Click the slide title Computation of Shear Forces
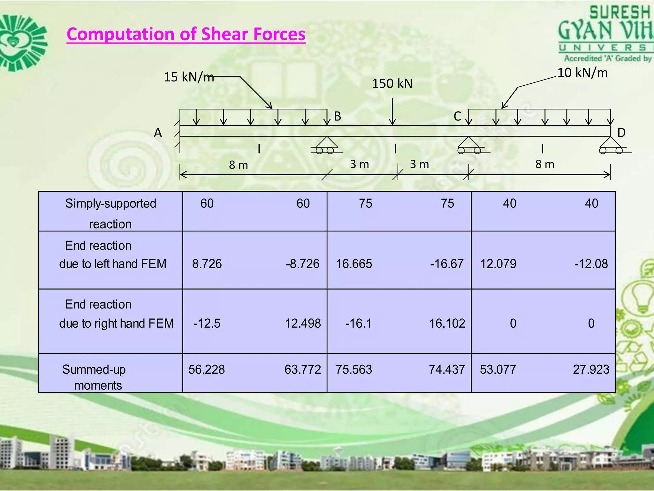pos(186,34)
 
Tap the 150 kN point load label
pos(392,84)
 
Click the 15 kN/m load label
pos(188,77)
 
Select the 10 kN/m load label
pos(582,73)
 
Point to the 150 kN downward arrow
pos(392,112)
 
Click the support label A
pos(158,133)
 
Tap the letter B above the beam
pos(338,116)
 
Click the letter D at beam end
pos(621,133)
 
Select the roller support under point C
pos(469,145)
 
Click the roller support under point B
pos(327,145)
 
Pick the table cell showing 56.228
pos(207,370)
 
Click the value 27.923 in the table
pos(591,370)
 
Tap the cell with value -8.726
pos(302,264)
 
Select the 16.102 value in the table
pos(447,323)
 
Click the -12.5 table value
pos(207,323)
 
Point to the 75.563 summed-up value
pos(354,370)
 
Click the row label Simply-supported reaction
pos(110,213)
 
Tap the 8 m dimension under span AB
pos(239,165)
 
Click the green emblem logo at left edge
pos(22,43)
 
